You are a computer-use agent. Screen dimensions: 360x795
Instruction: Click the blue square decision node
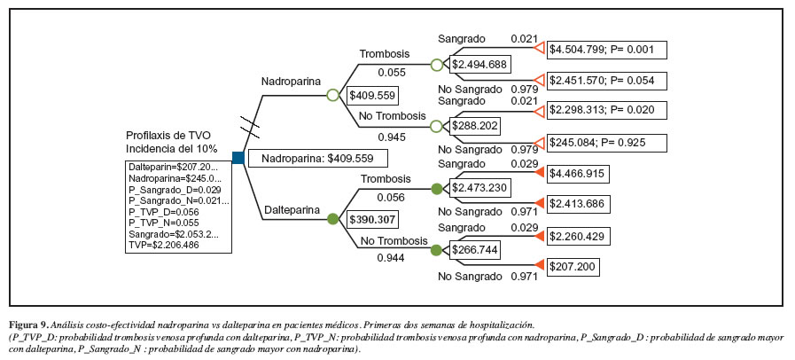(238, 158)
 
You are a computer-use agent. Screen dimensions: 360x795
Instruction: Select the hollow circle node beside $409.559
(332, 94)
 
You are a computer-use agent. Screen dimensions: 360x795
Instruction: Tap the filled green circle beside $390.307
(332, 218)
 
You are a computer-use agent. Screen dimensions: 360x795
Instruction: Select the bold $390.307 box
(372, 219)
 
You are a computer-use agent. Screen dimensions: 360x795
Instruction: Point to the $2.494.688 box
(479, 64)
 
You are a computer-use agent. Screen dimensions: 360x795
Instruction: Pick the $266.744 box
(475, 250)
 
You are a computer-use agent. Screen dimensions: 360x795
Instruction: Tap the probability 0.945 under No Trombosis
(391, 137)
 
